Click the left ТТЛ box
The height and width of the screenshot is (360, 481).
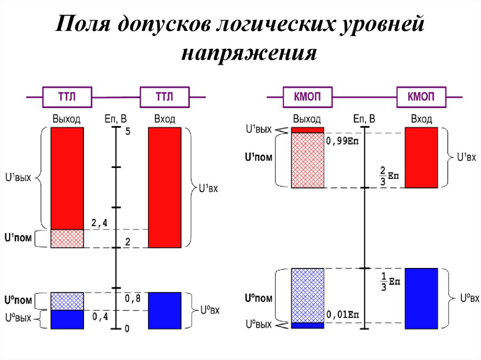pos(67,97)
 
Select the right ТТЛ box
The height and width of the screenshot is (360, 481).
pos(164,97)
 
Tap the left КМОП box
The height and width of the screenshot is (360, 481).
pos(307,97)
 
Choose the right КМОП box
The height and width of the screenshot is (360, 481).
pos(421,97)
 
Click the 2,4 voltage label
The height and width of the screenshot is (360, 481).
pos(99,223)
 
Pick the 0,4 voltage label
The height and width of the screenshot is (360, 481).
pos(100,317)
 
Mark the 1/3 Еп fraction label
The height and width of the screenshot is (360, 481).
pos(390,282)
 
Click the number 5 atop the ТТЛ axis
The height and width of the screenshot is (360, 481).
pos(127,132)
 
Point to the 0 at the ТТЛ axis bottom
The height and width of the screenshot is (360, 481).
pos(127,329)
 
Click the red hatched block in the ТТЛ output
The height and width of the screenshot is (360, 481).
pos(67,238)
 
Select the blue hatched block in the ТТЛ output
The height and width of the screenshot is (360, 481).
pos(67,301)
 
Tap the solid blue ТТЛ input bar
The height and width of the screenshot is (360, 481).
pos(164,310)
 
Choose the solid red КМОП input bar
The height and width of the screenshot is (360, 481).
pos(421,158)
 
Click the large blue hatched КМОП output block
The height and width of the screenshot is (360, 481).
pos(307,295)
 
